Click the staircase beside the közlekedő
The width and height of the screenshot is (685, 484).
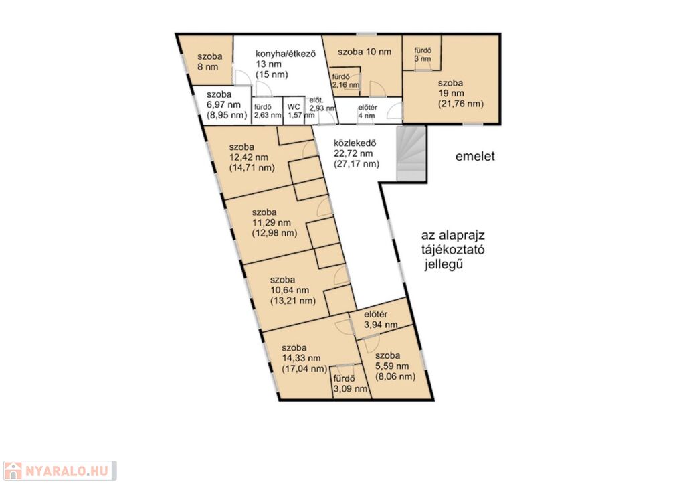(x=411, y=153)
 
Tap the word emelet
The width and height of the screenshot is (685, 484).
(x=475, y=156)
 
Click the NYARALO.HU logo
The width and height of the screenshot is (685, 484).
(x=60, y=471)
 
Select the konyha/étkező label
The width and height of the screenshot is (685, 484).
(x=285, y=54)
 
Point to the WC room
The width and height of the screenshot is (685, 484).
(x=294, y=110)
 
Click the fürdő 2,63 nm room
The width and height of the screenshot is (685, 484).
(x=267, y=110)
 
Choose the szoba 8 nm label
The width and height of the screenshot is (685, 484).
(x=209, y=61)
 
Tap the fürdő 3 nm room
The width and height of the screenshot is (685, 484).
(x=421, y=52)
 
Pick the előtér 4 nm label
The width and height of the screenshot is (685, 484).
(x=367, y=112)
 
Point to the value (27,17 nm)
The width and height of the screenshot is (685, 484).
(x=357, y=164)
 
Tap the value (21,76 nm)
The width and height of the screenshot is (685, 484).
(x=460, y=104)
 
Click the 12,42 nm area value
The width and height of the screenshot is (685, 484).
(x=249, y=157)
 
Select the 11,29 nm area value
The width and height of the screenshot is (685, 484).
(x=272, y=222)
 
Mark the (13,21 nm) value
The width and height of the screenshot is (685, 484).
(x=293, y=301)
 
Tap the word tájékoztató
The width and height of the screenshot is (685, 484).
(x=453, y=250)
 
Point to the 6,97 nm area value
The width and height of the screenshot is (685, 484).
(x=223, y=105)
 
